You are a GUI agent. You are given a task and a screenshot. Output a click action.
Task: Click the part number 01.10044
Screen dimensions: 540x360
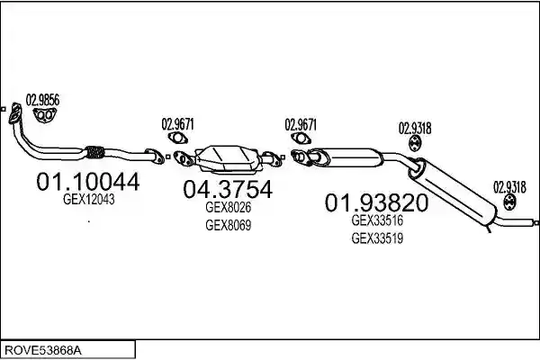[x=88, y=181]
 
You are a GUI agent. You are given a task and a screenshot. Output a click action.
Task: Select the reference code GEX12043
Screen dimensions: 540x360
[x=89, y=200]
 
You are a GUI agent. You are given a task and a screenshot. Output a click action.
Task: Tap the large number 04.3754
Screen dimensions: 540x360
[x=228, y=189]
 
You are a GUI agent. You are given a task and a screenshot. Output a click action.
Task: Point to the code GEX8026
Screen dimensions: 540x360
[x=228, y=207]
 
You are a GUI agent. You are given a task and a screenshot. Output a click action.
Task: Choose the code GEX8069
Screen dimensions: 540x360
[x=228, y=225]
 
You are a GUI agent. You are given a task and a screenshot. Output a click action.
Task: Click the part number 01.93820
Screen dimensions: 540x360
[x=376, y=202]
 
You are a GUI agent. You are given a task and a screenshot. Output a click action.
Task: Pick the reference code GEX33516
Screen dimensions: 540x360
[x=377, y=220]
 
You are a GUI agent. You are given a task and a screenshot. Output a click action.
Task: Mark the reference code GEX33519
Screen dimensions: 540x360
[x=377, y=238]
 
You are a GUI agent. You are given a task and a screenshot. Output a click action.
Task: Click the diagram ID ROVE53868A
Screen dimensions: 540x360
[x=43, y=351]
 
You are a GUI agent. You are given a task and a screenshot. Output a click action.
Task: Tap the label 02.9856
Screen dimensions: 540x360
[x=42, y=100]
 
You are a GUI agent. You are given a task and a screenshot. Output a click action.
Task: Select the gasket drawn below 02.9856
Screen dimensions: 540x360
[x=45, y=115]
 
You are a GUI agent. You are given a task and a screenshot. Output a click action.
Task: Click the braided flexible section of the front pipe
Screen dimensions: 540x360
[x=94, y=152]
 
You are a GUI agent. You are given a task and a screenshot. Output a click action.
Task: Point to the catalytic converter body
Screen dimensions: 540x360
[x=228, y=158]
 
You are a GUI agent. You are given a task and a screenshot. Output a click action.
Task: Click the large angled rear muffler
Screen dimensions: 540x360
[x=452, y=191]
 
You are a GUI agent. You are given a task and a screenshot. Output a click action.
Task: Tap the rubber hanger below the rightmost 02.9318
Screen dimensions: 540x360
[x=509, y=202]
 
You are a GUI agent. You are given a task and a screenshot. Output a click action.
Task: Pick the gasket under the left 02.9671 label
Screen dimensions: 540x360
[x=177, y=138]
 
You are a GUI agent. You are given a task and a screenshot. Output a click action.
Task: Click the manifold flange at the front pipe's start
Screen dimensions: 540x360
[x=14, y=113]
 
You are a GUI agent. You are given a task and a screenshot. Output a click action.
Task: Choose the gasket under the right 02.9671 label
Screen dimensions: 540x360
[x=301, y=139]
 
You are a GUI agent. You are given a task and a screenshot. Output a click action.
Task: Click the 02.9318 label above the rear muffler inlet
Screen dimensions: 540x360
[x=415, y=129]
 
